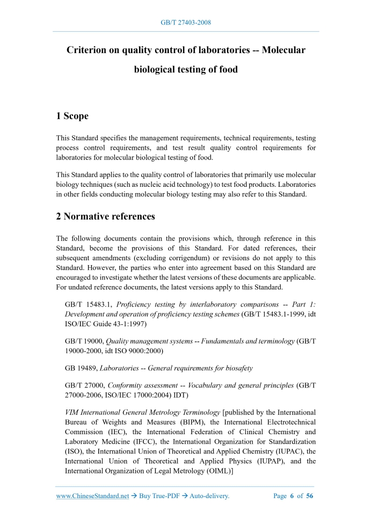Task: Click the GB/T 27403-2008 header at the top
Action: (x=186, y=23)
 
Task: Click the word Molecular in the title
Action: (x=283, y=50)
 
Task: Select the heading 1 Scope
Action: (x=72, y=116)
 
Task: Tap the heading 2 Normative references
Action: (x=106, y=217)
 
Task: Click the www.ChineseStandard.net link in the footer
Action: (x=92, y=496)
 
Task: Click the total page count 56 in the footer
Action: (x=309, y=496)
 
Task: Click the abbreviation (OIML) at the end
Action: (x=216, y=471)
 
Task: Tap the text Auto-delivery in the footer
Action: (x=207, y=496)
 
